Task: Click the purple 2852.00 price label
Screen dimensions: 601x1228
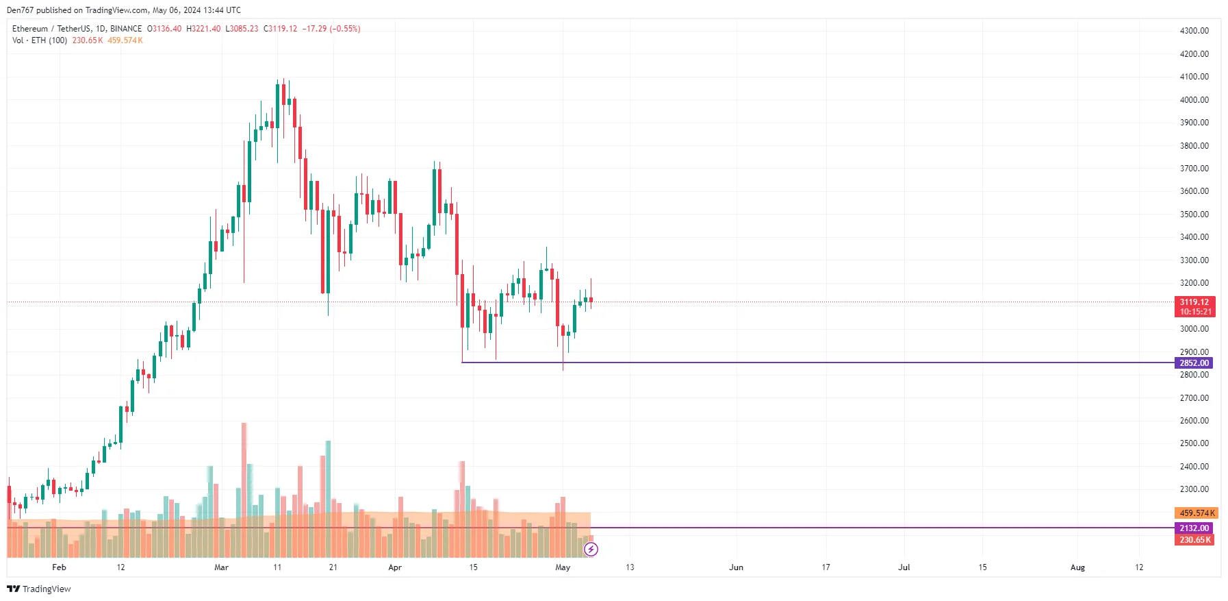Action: pos(1194,363)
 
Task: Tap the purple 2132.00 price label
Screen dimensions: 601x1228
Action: pos(1194,528)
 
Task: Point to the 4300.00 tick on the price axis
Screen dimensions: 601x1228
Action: pos(1194,31)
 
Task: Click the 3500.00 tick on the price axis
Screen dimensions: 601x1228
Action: pos(1194,214)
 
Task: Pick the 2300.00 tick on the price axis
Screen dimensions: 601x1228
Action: pos(1194,489)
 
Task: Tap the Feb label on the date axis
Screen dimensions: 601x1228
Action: pos(59,567)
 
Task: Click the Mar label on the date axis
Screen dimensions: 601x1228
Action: pos(221,567)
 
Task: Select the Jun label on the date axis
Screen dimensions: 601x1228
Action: pos(736,567)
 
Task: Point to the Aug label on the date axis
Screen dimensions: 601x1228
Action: pos(1077,567)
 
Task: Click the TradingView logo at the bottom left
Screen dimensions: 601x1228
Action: pos(39,589)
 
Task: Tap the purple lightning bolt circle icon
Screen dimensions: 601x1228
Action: pos(591,549)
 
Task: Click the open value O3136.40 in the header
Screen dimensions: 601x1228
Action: pos(164,29)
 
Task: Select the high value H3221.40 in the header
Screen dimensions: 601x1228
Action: pos(203,29)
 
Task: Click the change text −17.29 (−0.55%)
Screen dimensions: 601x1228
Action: pos(331,29)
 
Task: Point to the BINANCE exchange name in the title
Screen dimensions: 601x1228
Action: pos(126,29)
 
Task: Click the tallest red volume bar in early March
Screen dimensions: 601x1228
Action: pos(244,480)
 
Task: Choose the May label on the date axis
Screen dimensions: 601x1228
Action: pos(563,567)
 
